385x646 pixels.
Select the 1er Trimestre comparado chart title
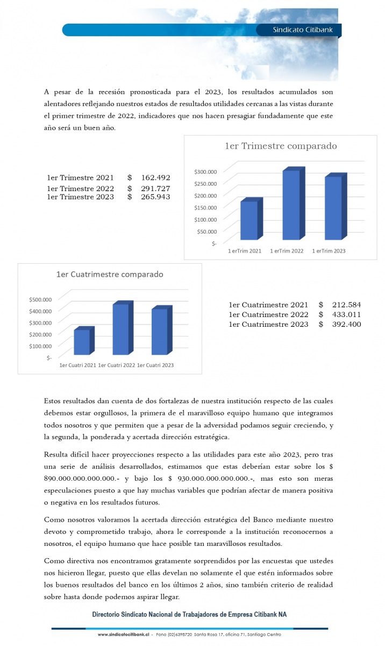point(280,146)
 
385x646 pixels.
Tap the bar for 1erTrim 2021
point(249,220)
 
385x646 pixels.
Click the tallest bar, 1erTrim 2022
point(291,205)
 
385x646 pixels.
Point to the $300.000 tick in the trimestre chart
point(205,172)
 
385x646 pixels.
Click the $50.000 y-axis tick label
point(206,231)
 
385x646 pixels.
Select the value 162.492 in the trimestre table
point(155,178)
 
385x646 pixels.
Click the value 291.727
point(155,188)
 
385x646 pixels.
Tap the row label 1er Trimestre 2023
point(80,197)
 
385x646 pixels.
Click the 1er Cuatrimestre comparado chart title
point(110,274)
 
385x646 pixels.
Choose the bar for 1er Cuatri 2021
point(82,342)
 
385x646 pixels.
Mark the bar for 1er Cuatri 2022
point(120,329)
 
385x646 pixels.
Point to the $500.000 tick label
point(40,299)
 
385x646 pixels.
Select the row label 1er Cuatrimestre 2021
point(268,305)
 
